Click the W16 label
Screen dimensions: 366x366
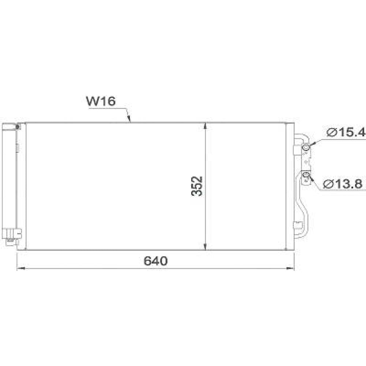(101, 101)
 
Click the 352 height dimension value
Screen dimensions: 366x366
(197, 186)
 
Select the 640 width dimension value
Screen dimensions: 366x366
(156, 261)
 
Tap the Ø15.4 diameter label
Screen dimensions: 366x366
(346, 133)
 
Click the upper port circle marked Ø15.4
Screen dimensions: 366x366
(306, 147)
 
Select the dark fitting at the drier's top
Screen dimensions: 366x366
(18, 127)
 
